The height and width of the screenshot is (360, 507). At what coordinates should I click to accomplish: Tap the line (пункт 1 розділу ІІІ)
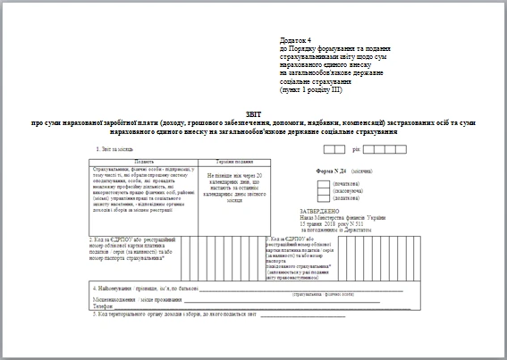(x=311, y=91)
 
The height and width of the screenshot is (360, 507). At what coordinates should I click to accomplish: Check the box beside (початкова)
(x=325, y=184)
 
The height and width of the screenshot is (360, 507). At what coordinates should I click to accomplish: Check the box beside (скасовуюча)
(x=325, y=191)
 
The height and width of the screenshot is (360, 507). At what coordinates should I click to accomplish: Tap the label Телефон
(x=105, y=306)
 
